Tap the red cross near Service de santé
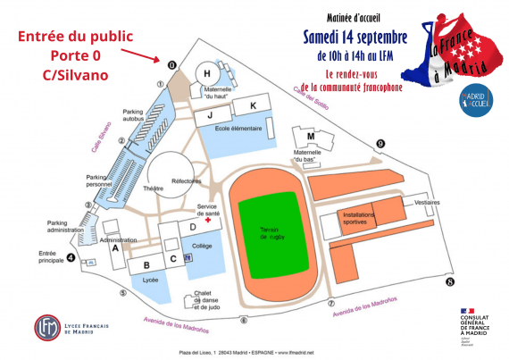[x=207, y=220]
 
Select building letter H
[x=207, y=73]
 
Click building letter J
[x=211, y=114]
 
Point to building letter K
[x=253, y=106]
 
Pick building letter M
[x=311, y=136]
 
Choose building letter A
[x=115, y=250]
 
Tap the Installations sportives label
[x=359, y=218]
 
